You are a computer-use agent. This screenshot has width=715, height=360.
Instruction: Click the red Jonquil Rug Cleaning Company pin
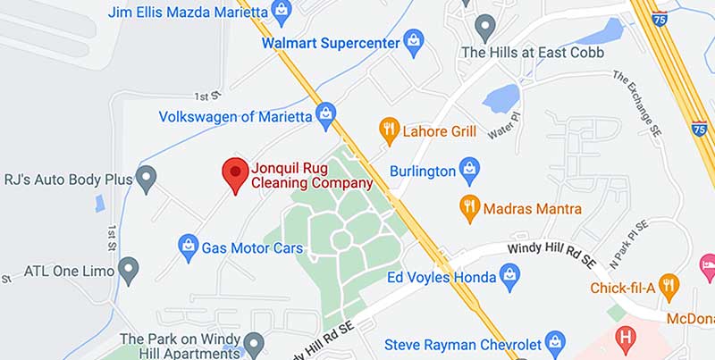pyautogui.click(x=234, y=173)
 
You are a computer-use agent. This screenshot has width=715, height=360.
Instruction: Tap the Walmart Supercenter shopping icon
pyautogui.click(x=413, y=40)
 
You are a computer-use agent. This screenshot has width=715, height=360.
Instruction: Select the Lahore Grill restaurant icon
pyautogui.click(x=387, y=130)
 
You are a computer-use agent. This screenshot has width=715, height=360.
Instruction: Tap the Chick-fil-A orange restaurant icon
pyautogui.click(x=669, y=287)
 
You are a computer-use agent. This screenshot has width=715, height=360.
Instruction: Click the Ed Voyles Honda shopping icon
pyautogui.click(x=509, y=278)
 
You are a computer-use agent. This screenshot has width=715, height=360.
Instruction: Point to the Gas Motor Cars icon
pyautogui.click(x=188, y=247)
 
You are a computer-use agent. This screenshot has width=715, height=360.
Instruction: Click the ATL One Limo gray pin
pyautogui.click(x=130, y=268)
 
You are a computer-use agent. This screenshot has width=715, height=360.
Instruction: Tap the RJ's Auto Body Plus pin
pyautogui.click(x=146, y=178)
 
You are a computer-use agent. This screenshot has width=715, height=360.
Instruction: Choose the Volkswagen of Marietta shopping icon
pyautogui.click(x=325, y=115)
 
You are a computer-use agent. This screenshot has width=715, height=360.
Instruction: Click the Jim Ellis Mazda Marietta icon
pyautogui.click(x=282, y=12)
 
